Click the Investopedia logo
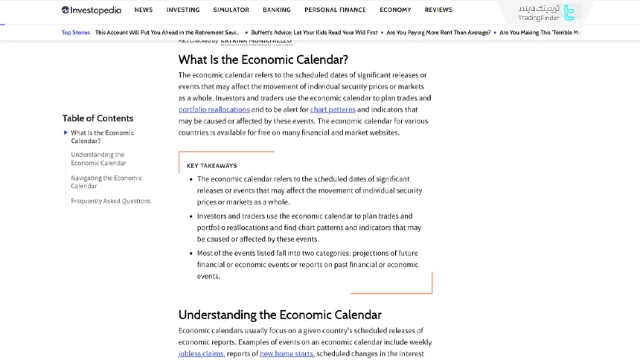[91, 10]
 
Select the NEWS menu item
[144, 10]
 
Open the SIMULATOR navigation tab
[231, 10]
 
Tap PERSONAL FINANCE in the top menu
[335, 10]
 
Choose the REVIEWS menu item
[438, 10]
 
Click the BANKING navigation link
[277, 10]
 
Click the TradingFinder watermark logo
[547, 13]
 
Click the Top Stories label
[76, 33]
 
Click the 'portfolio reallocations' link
[214, 109]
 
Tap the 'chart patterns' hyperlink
[333, 109]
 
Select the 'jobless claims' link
[201, 354]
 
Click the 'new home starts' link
[287, 354]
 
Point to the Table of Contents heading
[97, 118]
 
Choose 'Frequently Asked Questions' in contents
[111, 201]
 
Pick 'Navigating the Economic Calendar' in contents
[106, 182]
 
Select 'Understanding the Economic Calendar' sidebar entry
[99, 158]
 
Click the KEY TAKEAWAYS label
[211, 166]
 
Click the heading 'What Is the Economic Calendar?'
[263, 60]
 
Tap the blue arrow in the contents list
[65, 133]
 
